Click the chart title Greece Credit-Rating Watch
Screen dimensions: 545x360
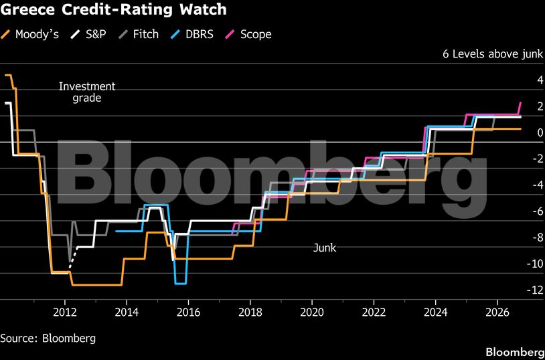click(113, 9)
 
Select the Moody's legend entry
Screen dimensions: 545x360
click(30, 34)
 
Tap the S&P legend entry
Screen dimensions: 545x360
click(88, 34)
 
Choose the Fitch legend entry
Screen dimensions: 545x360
click(138, 34)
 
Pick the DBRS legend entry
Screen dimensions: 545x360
click(193, 34)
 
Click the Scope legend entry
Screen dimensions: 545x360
click(249, 34)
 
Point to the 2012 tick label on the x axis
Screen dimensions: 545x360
click(65, 312)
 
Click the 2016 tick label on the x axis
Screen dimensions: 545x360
click(188, 312)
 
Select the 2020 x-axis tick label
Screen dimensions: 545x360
click(312, 312)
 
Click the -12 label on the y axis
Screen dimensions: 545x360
click(534, 290)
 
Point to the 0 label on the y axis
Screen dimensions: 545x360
click(540, 132)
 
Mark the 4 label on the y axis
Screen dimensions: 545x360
click(540, 80)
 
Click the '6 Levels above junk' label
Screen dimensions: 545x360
click(493, 54)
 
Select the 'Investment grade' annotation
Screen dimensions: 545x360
click(87, 92)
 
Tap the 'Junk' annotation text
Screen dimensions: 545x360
click(325, 248)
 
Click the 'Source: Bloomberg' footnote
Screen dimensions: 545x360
click(48, 338)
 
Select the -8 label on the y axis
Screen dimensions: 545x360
click(537, 238)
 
